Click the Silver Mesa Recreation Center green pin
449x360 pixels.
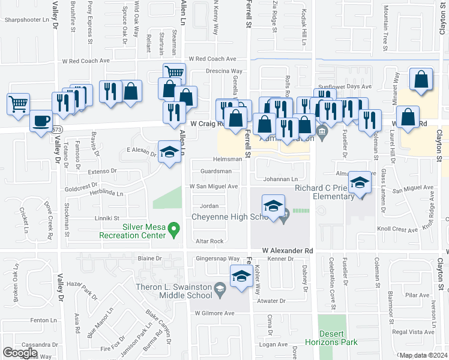pos(173,228)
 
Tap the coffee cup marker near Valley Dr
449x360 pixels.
pos(41,121)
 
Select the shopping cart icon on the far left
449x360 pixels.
pos(19,103)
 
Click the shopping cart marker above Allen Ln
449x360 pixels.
pos(174,74)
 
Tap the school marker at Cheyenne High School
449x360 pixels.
pos(273,206)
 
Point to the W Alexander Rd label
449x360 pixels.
pos(288,250)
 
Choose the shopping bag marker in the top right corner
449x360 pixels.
pos(421,79)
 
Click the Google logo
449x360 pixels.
pos(20,353)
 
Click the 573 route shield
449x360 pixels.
pos(56,130)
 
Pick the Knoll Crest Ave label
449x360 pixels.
pos(397,229)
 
